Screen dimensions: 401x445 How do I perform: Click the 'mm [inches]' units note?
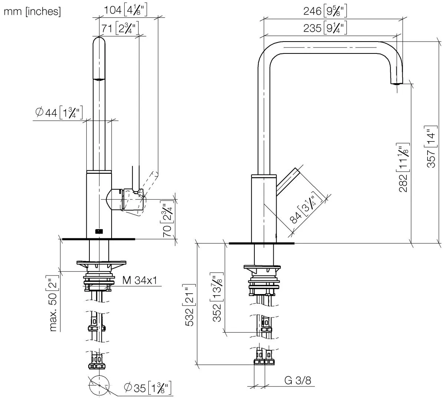32,12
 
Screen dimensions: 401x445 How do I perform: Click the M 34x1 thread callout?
139,280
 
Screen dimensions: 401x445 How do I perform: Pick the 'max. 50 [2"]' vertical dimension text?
54,303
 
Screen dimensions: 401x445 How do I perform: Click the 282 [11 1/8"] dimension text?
403,167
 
